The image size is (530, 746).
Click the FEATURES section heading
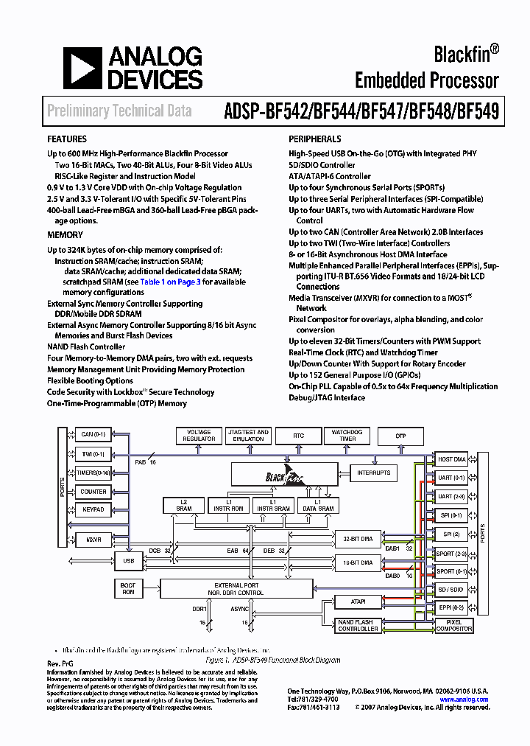tap(67, 139)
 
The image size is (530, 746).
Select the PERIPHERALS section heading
tap(314, 139)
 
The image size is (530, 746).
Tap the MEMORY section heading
tap(65, 235)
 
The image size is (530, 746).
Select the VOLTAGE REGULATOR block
tap(199, 436)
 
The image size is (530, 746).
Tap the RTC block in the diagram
tap(298, 436)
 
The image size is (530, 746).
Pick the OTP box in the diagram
tap(400, 436)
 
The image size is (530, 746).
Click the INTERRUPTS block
tap(373, 473)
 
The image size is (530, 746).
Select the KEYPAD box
tap(93, 509)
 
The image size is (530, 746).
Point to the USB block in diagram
tap(129, 562)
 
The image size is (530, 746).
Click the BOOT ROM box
tap(128, 588)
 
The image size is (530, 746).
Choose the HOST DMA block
tap(451, 459)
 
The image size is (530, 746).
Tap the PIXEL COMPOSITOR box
tap(453, 625)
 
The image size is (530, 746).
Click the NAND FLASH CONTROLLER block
tap(358, 625)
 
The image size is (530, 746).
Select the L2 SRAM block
tap(184, 505)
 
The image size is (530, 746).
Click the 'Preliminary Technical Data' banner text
tap(120, 111)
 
